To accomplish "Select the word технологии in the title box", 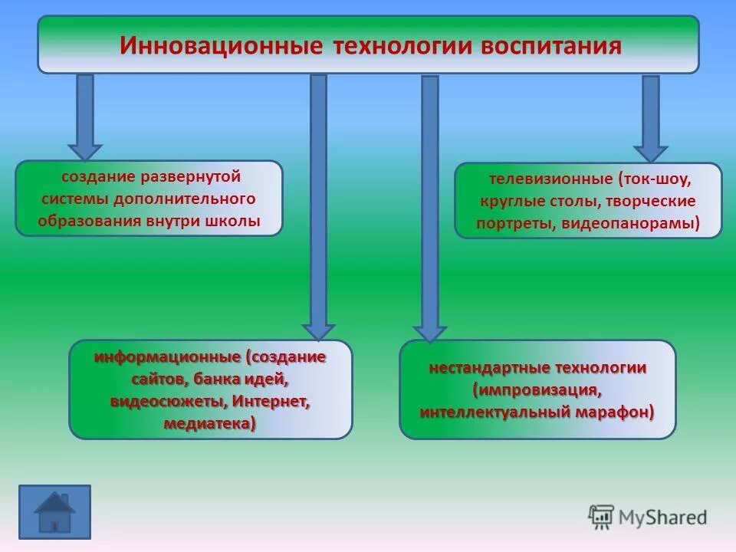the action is tap(401, 45).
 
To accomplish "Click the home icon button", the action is tap(54, 509).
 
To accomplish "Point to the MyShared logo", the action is tap(648, 517).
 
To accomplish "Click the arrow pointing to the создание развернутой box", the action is tap(85, 115).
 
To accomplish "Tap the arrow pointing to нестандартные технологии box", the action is tap(430, 207).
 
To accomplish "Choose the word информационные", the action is tap(167, 357).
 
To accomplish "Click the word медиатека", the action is tap(208, 423).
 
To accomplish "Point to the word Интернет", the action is tap(270, 401).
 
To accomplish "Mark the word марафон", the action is tap(617, 412).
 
